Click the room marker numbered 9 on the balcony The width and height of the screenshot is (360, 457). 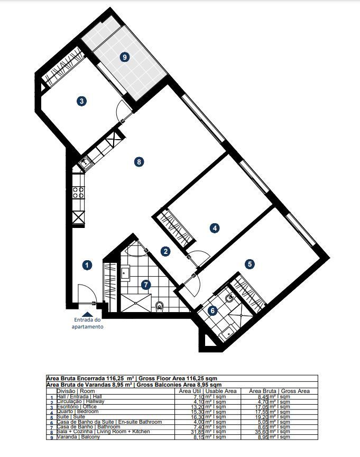coord(125,58)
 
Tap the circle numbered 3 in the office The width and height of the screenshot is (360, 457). coord(81,101)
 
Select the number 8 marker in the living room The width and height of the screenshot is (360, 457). coord(139,162)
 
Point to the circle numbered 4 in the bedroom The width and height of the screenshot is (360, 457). coord(214,228)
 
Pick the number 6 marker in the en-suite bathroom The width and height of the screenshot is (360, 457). coord(213,311)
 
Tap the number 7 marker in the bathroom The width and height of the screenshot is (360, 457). coord(146,285)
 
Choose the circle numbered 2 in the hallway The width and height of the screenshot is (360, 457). coord(165,252)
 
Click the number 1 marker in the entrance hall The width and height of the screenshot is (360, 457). coord(88,266)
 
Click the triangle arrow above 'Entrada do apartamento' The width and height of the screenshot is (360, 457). coord(87,314)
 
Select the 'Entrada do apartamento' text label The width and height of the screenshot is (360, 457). coord(87,323)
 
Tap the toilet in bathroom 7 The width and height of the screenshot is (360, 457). coord(160,305)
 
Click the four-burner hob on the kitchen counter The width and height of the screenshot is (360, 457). coord(78,193)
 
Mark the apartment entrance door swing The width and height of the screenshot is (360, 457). coord(85,293)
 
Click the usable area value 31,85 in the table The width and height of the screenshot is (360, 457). coord(203,432)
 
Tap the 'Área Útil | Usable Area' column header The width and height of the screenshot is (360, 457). coord(204,391)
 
